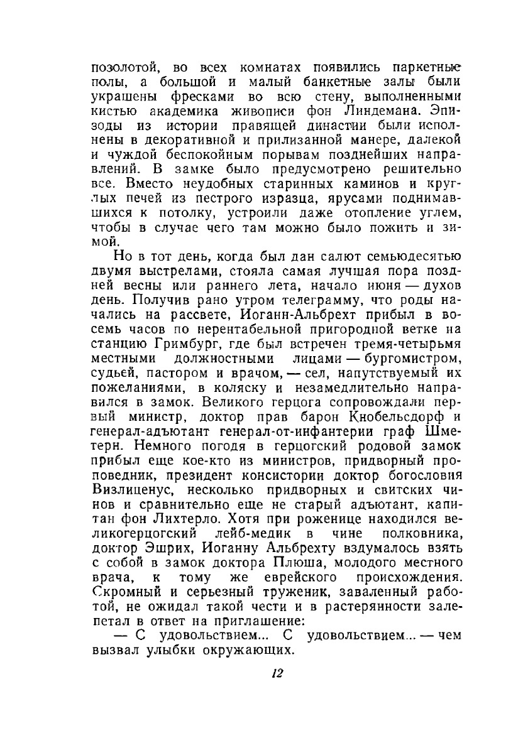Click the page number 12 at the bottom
point(277,673)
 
